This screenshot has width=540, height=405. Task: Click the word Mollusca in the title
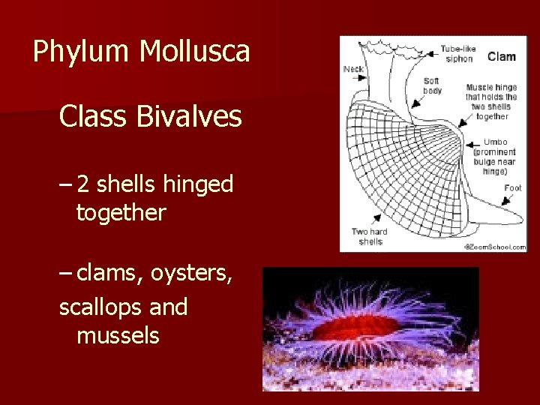pos(195,51)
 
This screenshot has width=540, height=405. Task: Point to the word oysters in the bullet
pos(191,275)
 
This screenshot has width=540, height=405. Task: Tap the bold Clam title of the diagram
pos(501,56)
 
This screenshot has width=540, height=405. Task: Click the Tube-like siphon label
pos(457,53)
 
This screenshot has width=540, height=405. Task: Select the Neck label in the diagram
pos(353,69)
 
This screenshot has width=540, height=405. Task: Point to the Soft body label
pos(432,85)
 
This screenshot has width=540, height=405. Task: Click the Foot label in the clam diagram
pos(513,187)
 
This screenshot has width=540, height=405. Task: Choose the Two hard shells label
pos(370,236)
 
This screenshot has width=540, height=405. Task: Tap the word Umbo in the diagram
pos(495,142)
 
